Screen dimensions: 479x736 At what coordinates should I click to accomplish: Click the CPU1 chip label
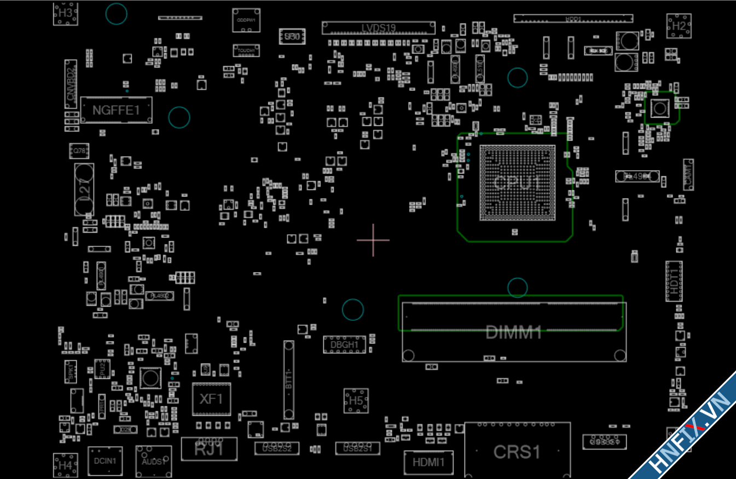pos(517,183)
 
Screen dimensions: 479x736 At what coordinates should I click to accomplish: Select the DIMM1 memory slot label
pos(514,332)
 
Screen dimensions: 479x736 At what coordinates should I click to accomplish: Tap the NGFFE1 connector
pos(116,110)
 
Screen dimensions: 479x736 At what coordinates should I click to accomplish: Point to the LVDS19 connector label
pos(378,28)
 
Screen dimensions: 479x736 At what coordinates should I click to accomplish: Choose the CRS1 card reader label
pos(517,452)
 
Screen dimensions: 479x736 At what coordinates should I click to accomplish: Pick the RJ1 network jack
pos(209,449)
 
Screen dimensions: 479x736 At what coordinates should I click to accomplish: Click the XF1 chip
pos(211,399)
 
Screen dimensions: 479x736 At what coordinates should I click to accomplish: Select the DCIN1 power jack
pos(105,461)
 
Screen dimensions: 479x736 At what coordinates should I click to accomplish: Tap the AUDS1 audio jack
pos(153,461)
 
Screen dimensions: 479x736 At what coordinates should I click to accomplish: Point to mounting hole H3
pos(66,13)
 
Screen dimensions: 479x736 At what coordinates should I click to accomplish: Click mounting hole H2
pos(679,26)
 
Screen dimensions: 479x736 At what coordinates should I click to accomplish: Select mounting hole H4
pos(65,465)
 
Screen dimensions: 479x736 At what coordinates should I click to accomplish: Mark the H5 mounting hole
pos(356,401)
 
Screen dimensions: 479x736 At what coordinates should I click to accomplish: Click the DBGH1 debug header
pos(344,344)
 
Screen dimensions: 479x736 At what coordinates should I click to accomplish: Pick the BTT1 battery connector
pos(289,380)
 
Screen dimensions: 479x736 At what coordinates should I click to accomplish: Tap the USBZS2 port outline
pos(277,448)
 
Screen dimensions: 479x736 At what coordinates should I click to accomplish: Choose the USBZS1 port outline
pos(358,448)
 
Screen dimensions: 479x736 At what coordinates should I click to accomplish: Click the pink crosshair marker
pos(373,240)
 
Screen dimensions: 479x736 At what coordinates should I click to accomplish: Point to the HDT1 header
pos(674,281)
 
